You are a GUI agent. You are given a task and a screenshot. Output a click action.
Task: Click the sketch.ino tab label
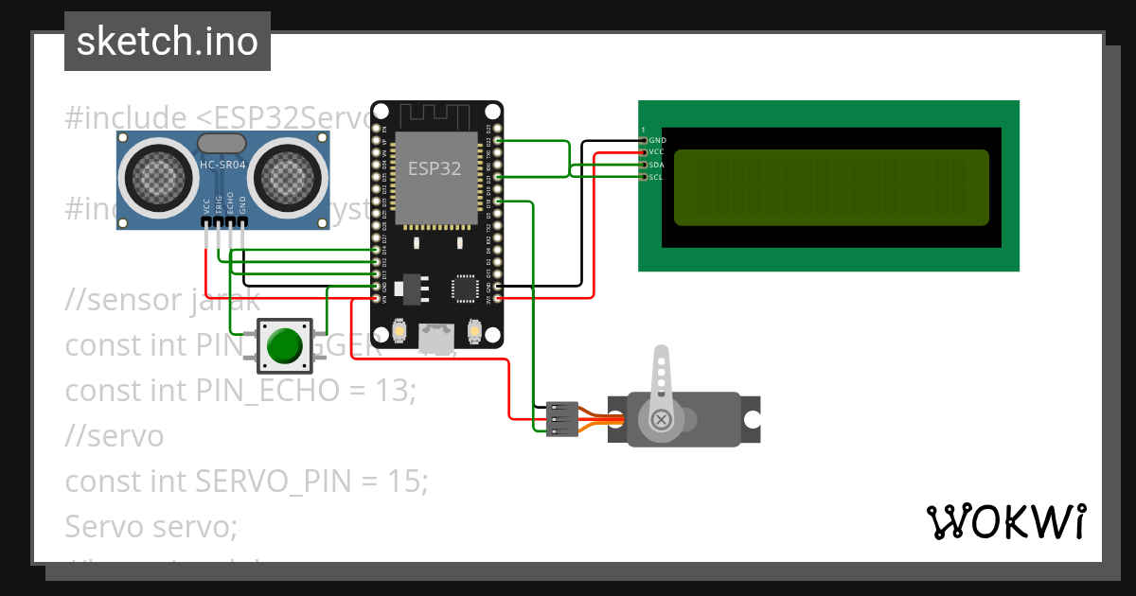point(167,42)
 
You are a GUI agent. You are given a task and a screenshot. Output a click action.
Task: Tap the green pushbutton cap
point(283,345)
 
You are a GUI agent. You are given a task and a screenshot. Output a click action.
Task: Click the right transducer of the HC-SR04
point(285,175)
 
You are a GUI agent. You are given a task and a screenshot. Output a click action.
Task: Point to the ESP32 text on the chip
point(435,169)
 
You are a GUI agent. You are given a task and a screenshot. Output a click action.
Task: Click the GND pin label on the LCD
point(657,140)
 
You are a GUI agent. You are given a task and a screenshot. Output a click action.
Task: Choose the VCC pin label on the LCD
point(657,152)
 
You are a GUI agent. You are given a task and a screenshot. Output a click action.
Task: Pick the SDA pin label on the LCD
point(657,165)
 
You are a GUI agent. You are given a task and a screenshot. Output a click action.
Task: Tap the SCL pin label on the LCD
point(657,177)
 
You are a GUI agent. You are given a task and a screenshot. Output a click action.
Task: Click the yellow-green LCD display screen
point(831,187)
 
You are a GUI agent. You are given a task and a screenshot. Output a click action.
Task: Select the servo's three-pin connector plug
point(561,419)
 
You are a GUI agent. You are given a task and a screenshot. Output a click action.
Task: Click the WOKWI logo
point(1005,522)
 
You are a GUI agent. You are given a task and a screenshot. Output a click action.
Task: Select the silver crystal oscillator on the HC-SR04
point(221,143)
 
